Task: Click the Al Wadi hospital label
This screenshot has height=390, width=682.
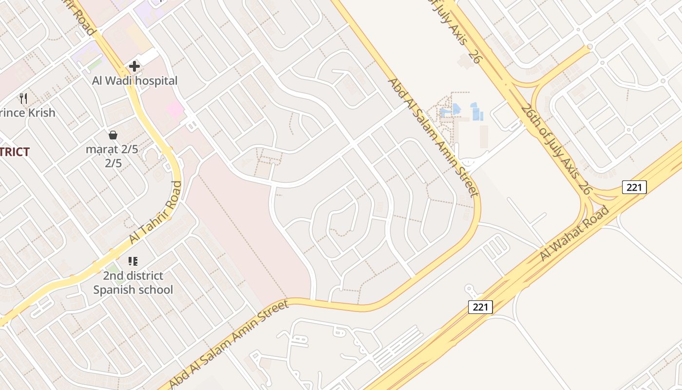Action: pyautogui.click(x=134, y=80)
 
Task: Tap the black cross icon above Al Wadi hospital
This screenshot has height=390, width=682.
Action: pyautogui.click(x=134, y=66)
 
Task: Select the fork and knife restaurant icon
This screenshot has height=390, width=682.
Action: pyautogui.click(x=23, y=98)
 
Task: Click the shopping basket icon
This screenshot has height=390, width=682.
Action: pyautogui.click(x=113, y=135)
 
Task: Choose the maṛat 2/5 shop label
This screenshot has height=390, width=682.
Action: pyautogui.click(x=112, y=149)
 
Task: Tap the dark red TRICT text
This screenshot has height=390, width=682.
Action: pyautogui.click(x=15, y=152)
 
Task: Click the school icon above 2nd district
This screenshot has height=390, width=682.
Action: pyautogui.click(x=133, y=262)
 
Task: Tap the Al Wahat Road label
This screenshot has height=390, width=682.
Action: pyautogui.click(x=575, y=234)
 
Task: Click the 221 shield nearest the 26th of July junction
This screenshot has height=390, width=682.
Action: pyautogui.click(x=634, y=187)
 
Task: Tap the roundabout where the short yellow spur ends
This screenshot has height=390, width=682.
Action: pyautogui.click(x=590, y=47)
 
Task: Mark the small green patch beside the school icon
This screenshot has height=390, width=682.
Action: pyautogui.click(x=114, y=269)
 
